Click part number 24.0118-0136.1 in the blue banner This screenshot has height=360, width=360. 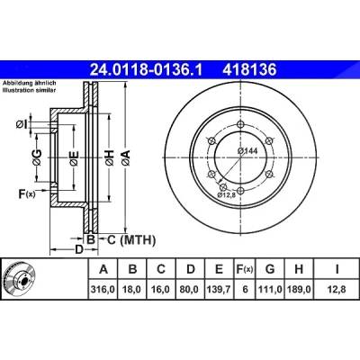click(x=147, y=70)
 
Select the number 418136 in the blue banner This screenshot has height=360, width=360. click(x=249, y=70)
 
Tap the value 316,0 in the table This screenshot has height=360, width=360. click(x=103, y=289)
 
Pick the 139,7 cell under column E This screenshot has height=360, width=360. click(x=219, y=289)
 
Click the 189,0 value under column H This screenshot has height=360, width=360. click(x=299, y=289)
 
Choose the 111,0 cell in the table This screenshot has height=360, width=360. click(x=270, y=289)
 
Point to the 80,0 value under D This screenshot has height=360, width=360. click(x=191, y=289)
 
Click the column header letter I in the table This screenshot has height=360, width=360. click(x=337, y=269)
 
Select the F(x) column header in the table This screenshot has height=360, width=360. click(x=245, y=269)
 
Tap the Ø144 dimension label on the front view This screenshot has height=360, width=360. click(x=247, y=151)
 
